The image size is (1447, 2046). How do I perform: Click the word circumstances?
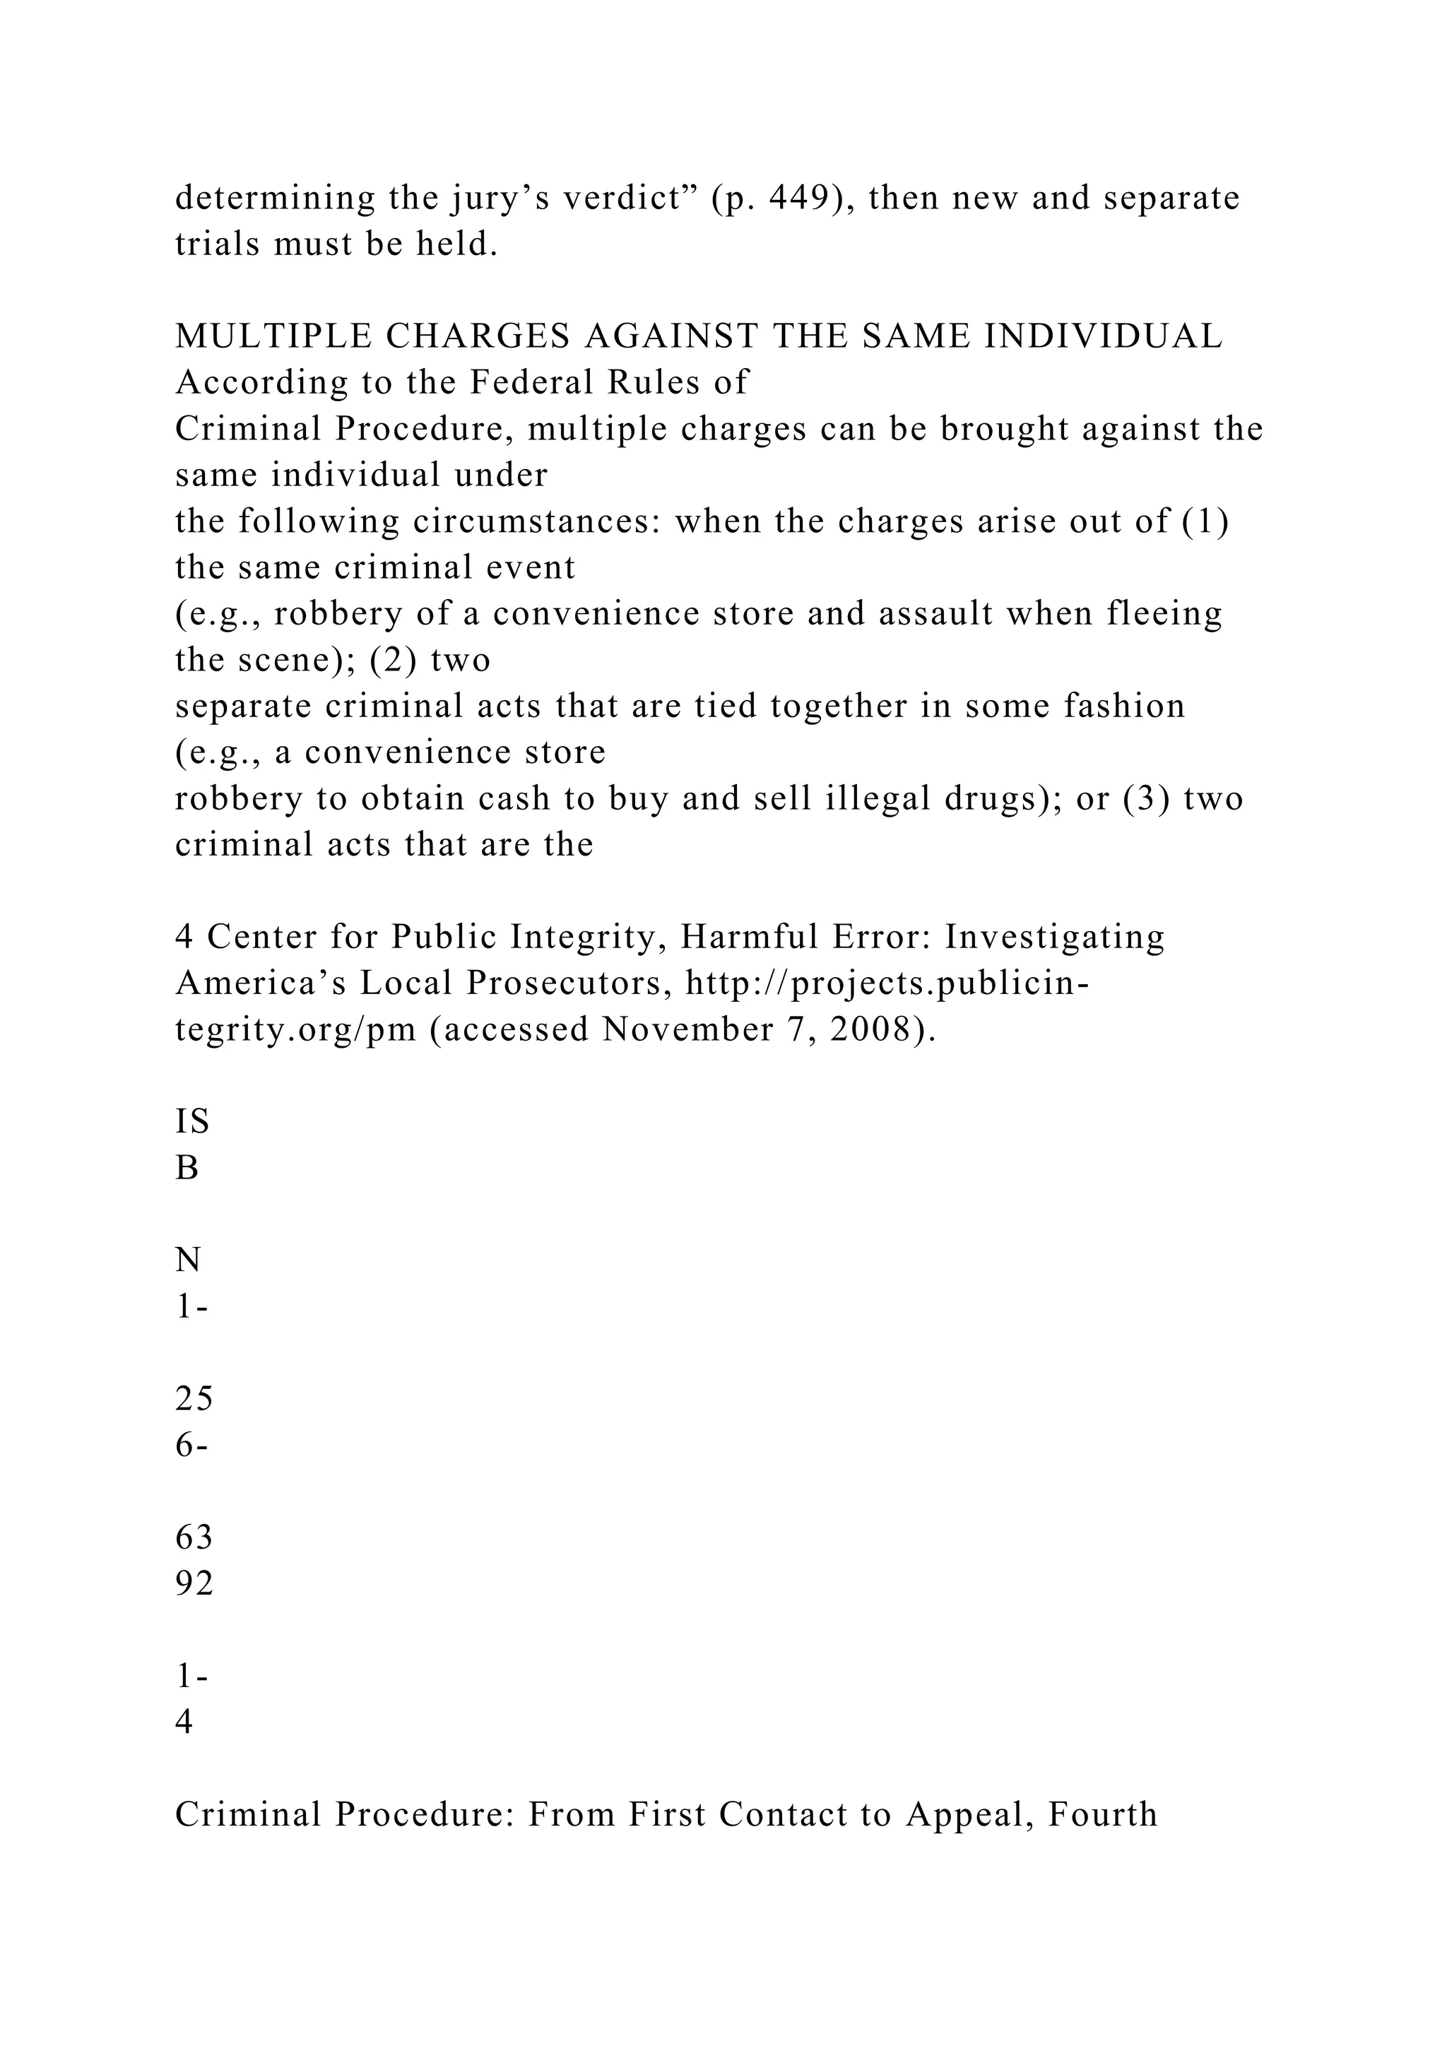[536, 521]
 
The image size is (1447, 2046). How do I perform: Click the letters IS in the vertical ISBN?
[191, 1122]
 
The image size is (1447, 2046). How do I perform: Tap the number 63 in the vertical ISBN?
[194, 1538]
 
